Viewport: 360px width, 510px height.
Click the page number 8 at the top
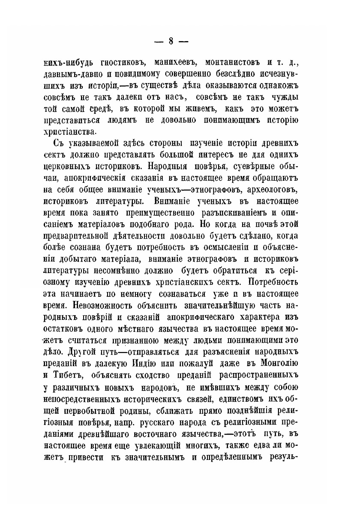point(171,41)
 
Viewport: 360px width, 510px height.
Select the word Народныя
point(166,165)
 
